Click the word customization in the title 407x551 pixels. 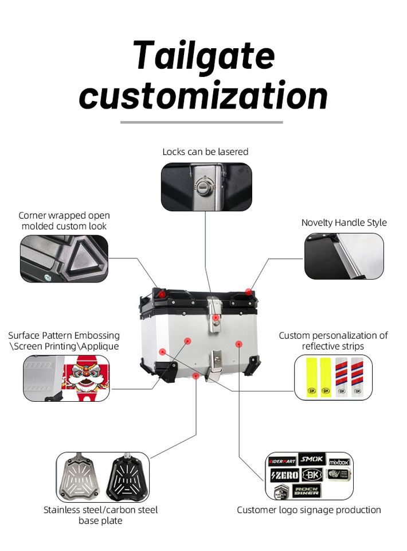pos(203,96)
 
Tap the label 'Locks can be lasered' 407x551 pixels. pos(205,152)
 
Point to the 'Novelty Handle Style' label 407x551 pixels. pos(344,223)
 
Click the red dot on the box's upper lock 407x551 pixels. pos(215,317)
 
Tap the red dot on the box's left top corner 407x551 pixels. pos(162,294)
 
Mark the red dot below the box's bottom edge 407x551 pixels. pos(197,375)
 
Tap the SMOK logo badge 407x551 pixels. pos(312,459)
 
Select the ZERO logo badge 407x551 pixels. pos(284,475)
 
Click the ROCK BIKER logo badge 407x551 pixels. pos(306,491)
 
